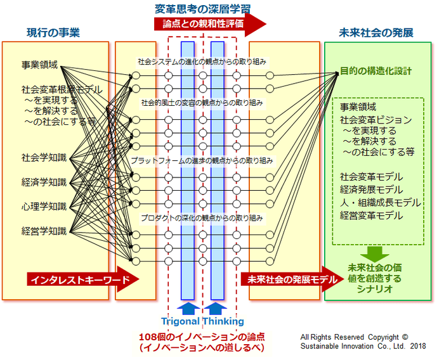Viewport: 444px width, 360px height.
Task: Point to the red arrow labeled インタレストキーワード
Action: point(81,280)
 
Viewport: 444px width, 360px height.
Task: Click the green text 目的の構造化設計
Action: point(375,71)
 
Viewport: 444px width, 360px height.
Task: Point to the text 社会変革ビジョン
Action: point(375,120)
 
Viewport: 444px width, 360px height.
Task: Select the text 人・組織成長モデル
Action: point(380,202)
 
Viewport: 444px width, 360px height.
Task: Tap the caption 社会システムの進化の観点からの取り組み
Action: point(202,62)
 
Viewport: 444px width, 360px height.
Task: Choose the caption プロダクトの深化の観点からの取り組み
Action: point(202,217)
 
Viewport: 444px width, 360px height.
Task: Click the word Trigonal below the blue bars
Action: point(180,321)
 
